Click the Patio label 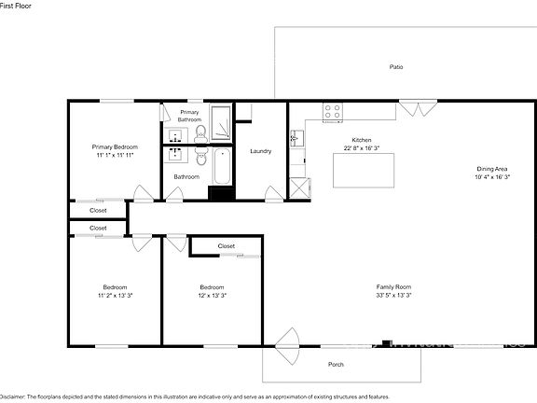396,67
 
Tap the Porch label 337,365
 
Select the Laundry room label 261,151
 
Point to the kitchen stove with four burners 333,112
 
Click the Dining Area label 492,168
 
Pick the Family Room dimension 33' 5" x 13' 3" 394,295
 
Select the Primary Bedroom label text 115,147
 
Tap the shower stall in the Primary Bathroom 222,125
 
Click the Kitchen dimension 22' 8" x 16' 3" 362,147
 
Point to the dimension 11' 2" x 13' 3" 115,295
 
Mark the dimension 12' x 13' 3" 213,295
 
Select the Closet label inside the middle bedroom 227,246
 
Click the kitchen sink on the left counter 296,140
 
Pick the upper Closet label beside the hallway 98,211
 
